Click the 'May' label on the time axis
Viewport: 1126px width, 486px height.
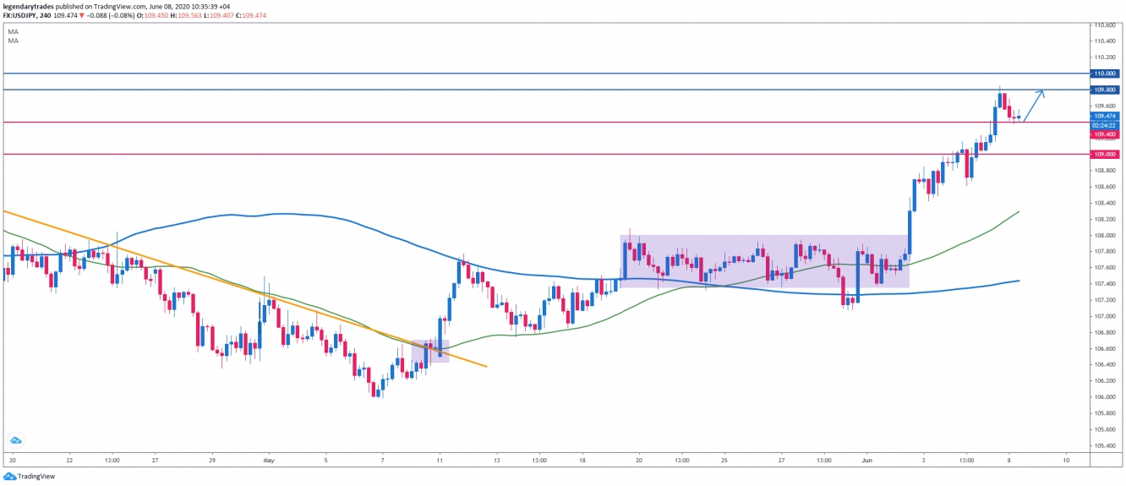(270, 461)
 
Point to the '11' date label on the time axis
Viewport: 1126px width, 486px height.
(440, 461)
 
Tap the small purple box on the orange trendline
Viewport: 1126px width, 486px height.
(430, 351)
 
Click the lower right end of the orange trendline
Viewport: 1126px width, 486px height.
(486, 366)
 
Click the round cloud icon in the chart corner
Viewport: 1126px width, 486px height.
(15, 440)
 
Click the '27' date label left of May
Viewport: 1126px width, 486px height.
(156, 461)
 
